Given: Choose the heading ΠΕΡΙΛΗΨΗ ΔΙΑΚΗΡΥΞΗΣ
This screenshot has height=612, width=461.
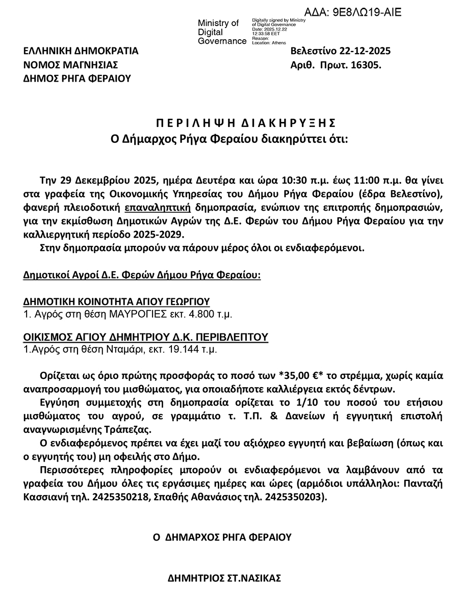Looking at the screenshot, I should click(245, 123).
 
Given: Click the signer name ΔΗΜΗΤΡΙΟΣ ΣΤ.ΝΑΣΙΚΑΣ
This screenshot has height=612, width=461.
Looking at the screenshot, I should click(225, 578).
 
